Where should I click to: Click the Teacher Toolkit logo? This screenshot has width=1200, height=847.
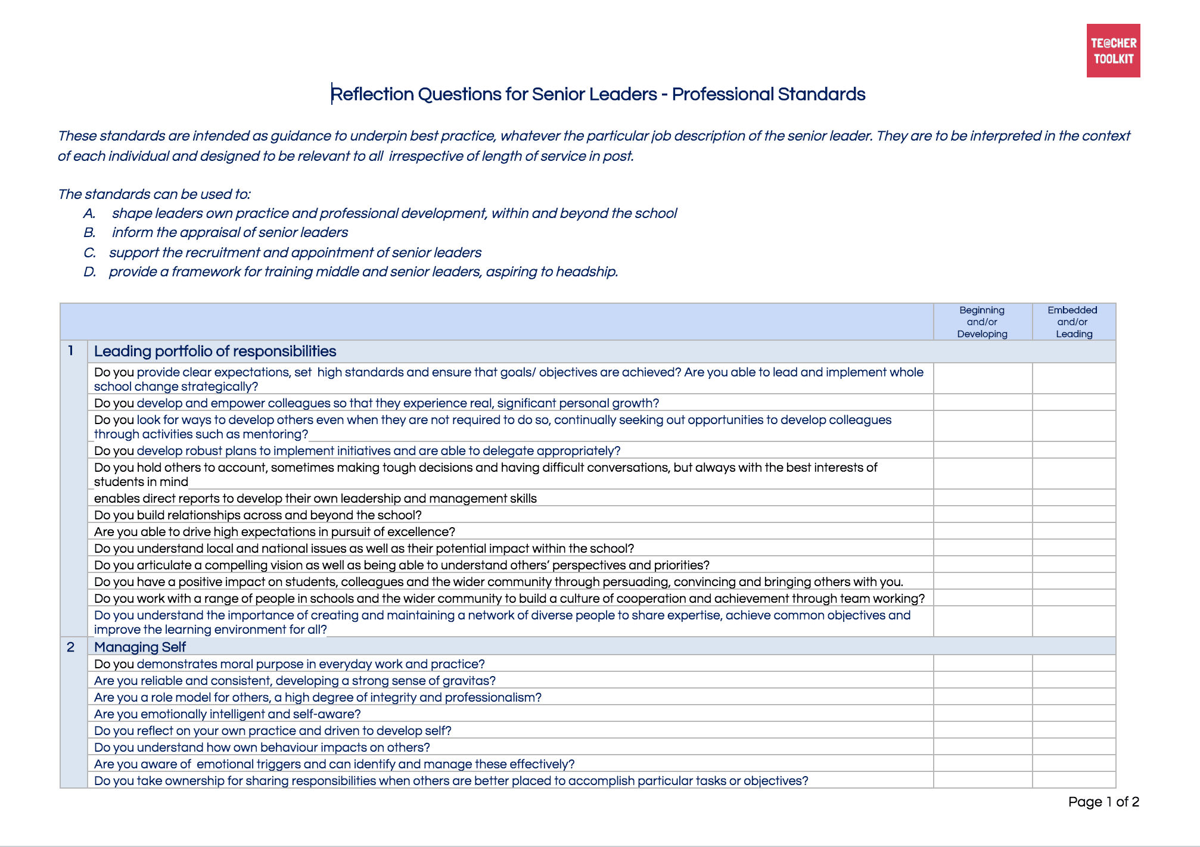click(x=1112, y=51)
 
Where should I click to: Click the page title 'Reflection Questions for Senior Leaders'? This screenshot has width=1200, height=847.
click(x=598, y=94)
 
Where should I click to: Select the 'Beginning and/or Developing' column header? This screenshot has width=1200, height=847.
click(x=982, y=322)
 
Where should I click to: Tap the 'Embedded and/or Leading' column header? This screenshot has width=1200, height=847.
click(x=1073, y=322)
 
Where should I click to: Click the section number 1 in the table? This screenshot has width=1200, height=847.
click(x=71, y=351)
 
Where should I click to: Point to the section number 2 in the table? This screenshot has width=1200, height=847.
click(x=71, y=647)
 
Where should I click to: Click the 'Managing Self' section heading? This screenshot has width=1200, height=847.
click(x=140, y=647)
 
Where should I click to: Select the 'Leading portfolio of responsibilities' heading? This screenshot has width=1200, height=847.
click(x=215, y=351)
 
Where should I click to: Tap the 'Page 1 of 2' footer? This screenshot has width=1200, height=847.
click(x=1103, y=802)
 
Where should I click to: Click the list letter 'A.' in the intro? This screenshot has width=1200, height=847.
click(x=89, y=213)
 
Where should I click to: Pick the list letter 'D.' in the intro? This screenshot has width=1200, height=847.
click(x=89, y=272)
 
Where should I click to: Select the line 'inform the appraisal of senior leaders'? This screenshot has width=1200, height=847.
click(x=230, y=232)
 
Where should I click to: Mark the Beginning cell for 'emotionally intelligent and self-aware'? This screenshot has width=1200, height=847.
click(x=982, y=714)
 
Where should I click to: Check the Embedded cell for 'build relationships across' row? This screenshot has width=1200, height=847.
click(x=1073, y=515)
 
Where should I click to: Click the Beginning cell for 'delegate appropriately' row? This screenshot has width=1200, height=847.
click(x=982, y=450)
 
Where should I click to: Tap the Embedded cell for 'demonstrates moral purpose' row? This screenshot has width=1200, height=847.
click(x=1073, y=664)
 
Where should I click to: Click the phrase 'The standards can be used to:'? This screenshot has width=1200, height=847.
click(x=154, y=194)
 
